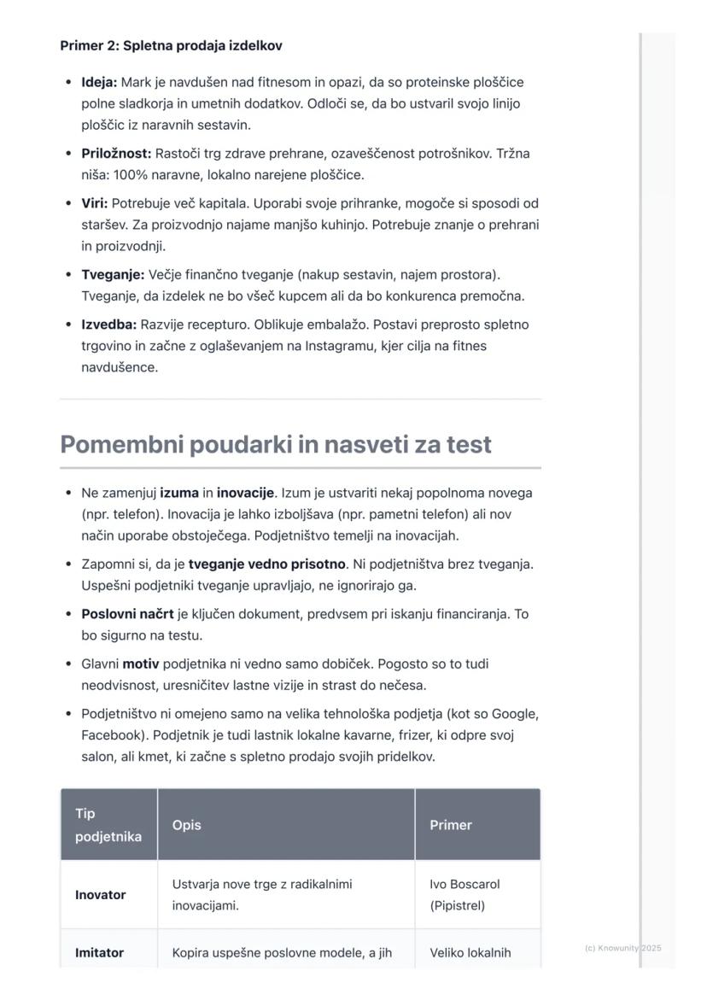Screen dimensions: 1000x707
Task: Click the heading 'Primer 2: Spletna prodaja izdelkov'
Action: (x=171, y=46)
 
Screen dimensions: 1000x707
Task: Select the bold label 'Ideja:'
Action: (x=99, y=83)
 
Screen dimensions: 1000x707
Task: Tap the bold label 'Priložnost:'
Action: (x=116, y=154)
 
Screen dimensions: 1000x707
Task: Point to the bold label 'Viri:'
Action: (x=95, y=204)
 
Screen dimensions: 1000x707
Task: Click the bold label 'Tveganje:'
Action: (x=113, y=275)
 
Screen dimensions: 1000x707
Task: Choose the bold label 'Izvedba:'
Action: (x=109, y=325)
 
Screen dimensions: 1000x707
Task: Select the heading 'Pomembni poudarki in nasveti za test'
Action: (x=276, y=445)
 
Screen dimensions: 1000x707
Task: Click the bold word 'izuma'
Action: (x=179, y=494)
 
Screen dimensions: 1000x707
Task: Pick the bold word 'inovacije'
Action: (x=245, y=494)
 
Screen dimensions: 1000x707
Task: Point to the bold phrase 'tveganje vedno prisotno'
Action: (x=267, y=564)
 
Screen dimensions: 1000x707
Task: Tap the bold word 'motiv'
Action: (x=141, y=664)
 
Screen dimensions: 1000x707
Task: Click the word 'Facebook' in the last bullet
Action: (x=109, y=735)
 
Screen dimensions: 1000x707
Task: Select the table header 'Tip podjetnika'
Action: (x=108, y=825)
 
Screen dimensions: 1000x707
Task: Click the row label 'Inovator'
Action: (x=101, y=896)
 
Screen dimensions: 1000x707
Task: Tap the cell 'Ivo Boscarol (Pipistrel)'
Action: (x=465, y=895)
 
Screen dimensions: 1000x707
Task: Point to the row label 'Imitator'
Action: (x=100, y=953)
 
